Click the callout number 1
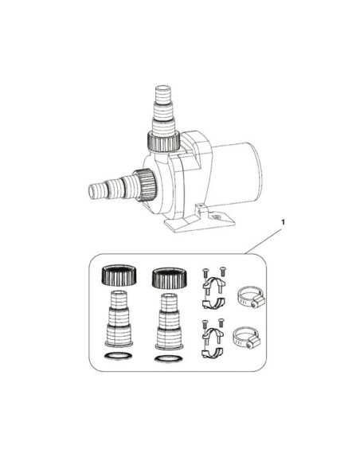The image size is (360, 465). (x=283, y=222)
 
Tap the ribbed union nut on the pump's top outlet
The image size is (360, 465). (x=163, y=141)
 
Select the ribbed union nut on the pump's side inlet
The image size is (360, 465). (x=145, y=185)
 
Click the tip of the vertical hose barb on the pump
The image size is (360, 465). (x=163, y=88)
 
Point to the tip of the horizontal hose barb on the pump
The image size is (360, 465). (x=92, y=191)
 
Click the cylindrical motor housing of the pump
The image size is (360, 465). (x=237, y=174)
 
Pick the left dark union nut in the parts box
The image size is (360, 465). (x=119, y=275)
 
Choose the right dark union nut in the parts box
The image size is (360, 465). (x=170, y=278)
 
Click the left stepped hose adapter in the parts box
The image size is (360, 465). (x=119, y=318)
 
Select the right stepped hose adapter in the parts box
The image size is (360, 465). (x=169, y=322)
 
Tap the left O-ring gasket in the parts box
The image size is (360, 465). (x=119, y=356)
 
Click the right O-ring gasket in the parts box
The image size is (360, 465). (x=169, y=359)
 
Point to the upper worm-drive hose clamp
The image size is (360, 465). (x=251, y=297)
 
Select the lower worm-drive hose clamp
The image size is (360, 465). (x=247, y=338)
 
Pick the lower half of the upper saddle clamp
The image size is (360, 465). (x=213, y=303)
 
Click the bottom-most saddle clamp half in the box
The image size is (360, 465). (x=213, y=353)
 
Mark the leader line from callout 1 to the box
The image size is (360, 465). (x=263, y=241)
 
